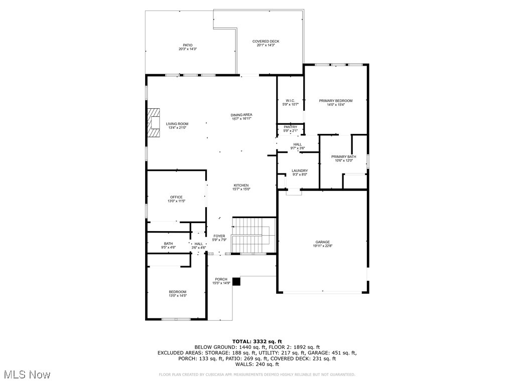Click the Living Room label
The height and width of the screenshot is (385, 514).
177,124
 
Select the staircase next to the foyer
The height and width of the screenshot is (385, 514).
253,235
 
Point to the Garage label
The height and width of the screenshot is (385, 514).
323,242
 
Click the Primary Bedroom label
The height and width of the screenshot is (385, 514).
336,101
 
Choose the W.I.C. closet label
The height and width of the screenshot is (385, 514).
290,100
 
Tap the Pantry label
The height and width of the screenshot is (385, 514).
290,127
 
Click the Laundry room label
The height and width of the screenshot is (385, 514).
300,170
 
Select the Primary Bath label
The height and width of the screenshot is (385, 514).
343,157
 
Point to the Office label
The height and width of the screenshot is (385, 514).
176,197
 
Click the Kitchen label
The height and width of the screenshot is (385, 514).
241,185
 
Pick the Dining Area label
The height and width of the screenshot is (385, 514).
241,115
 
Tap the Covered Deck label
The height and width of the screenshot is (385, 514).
266,42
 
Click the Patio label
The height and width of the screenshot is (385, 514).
187,45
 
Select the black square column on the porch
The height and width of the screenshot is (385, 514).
236,282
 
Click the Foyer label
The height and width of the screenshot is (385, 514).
219,236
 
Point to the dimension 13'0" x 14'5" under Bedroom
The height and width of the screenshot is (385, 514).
177,296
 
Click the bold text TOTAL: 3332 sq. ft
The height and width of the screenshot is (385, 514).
256,341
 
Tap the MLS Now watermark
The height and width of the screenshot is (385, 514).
26,374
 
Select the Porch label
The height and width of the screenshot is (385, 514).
221,279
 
